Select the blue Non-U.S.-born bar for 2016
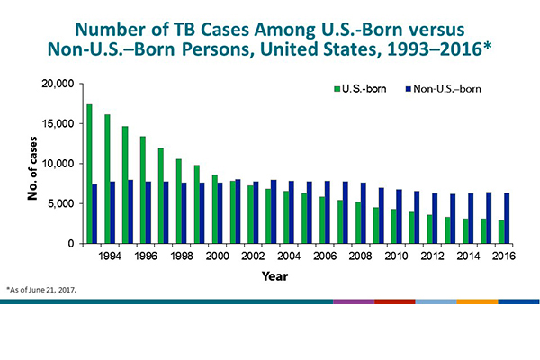(508, 218)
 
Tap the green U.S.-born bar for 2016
(501, 231)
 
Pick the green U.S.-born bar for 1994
(107, 179)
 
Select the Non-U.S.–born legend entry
(436, 90)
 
